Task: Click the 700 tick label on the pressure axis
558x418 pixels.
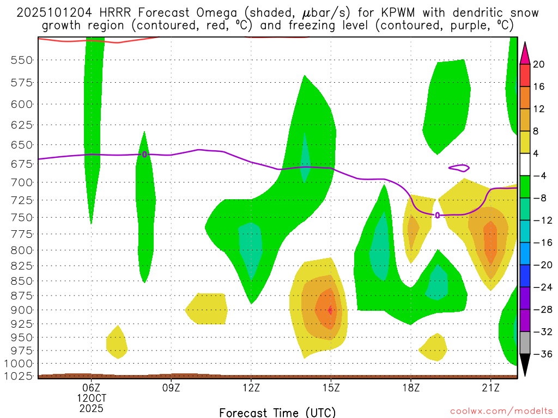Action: coord(22,182)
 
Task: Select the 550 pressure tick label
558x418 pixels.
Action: coord(22,60)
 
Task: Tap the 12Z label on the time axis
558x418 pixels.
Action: coord(251,388)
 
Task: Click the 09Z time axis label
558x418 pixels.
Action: coord(171,388)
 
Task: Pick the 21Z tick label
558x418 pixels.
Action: coord(491,388)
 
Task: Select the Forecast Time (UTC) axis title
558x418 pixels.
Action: coord(277,412)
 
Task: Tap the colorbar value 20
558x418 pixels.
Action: coord(539,64)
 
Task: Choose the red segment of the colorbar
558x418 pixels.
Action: coord(525,75)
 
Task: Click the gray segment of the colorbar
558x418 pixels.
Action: coord(525,342)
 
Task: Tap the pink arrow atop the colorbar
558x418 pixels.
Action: coord(525,53)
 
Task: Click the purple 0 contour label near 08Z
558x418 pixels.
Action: coord(144,154)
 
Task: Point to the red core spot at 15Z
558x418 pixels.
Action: coord(330,310)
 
